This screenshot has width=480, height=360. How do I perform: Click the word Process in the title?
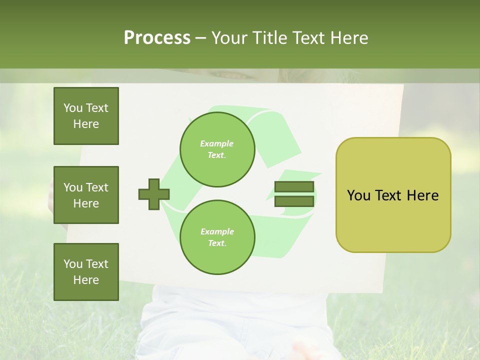point(157,38)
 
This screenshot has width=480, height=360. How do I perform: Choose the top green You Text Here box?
point(86,116)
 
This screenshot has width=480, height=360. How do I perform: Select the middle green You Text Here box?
point(86,195)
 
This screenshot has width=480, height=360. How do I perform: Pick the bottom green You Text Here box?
point(86,271)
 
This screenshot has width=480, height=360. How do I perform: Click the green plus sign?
point(154,194)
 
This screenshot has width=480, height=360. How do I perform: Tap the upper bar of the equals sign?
point(294,187)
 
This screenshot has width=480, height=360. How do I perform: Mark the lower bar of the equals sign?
point(294,201)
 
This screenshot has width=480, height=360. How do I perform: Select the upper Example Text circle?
point(217,149)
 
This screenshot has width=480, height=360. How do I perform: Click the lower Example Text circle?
point(217,237)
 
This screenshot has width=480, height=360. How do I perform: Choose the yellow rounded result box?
point(393,195)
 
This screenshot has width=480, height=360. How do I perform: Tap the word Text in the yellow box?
point(388,195)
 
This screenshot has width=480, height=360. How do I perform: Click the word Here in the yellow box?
point(422,195)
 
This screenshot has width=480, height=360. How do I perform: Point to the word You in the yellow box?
point(358,195)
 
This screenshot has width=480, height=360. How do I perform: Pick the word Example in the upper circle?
point(217,143)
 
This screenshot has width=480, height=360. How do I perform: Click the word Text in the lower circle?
point(216,243)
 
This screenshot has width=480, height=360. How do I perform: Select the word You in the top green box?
point(73,108)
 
